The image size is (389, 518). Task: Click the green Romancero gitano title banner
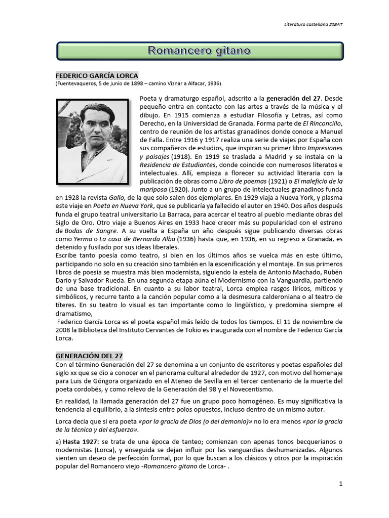(199, 51)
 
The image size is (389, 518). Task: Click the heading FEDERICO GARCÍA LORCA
(97, 75)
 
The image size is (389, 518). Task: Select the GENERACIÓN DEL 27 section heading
(89, 356)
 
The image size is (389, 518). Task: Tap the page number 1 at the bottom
(341, 484)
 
